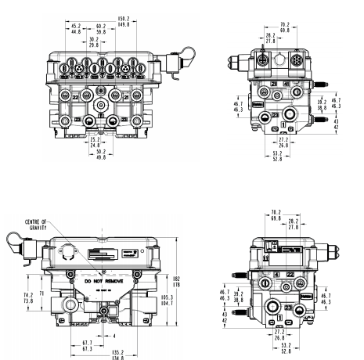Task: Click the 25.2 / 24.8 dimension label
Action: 95,145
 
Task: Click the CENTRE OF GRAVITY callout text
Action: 35,224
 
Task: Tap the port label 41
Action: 287,83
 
